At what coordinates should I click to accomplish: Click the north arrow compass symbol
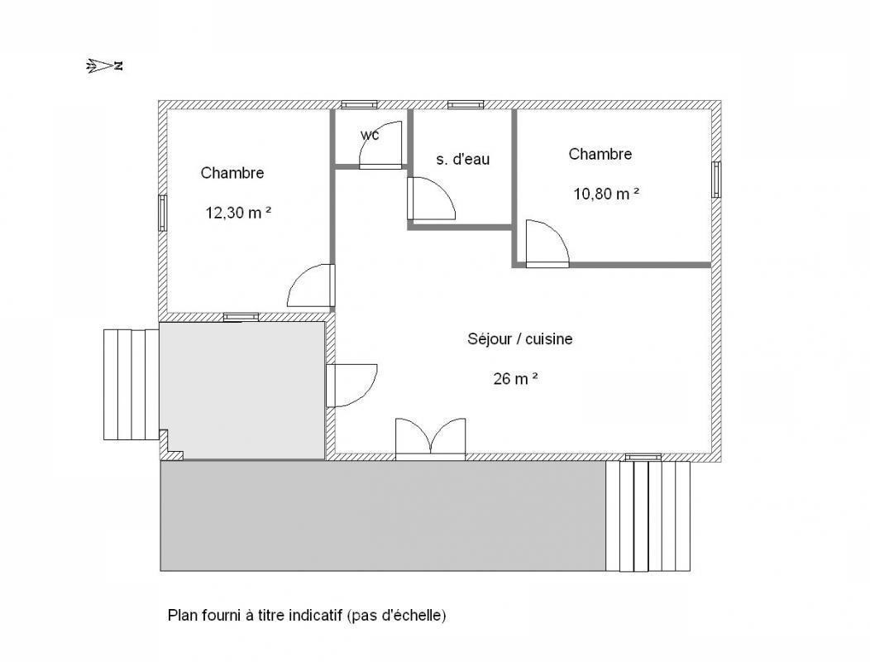104,66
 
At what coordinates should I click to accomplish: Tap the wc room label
370,135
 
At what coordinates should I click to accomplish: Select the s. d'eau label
463,160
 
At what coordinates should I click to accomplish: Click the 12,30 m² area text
238,212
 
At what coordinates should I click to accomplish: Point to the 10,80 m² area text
606,194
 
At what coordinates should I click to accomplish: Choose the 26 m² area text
515,378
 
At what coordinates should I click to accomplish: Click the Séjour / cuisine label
520,338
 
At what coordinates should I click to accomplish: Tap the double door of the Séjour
430,439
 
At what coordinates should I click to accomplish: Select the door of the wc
380,145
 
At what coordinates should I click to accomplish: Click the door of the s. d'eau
431,199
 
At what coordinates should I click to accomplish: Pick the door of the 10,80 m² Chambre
547,244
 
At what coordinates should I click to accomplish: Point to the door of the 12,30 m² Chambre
311,285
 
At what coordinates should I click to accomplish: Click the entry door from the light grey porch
351,386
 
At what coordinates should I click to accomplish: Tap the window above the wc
359,104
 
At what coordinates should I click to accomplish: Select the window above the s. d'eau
466,104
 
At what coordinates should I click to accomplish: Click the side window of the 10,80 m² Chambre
716,180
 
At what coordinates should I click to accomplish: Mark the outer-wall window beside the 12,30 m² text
162,213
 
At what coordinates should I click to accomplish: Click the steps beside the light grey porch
131,385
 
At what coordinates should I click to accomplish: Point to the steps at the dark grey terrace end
648,516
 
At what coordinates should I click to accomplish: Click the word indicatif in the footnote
315,616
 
